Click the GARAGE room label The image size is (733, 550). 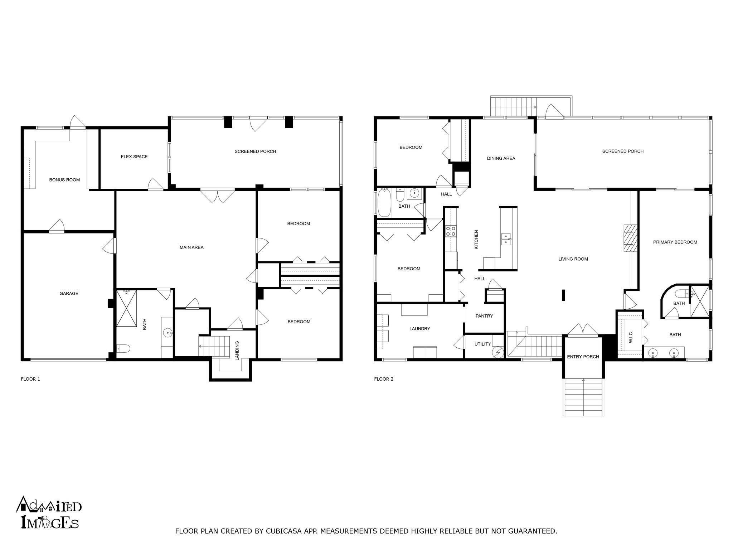click(x=69, y=293)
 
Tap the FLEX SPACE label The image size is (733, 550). click(x=134, y=156)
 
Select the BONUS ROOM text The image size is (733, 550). click(x=64, y=180)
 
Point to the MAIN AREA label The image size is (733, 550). click(x=191, y=247)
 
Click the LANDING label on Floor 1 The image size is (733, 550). click(x=237, y=351)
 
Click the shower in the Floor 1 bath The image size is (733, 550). click(x=127, y=308)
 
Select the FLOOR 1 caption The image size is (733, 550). click(x=30, y=379)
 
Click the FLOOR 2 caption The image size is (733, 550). click(x=384, y=379)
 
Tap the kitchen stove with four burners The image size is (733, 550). click(x=451, y=231)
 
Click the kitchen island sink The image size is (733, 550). click(x=506, y=238)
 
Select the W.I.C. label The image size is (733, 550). click(x=631, y=337)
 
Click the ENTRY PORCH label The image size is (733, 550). click(x=583, y=357)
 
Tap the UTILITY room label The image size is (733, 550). click(x=482, y=344)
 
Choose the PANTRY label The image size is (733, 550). click(x=484, y=316)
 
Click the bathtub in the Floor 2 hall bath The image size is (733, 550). click(x=385, y=203)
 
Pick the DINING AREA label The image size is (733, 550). click(x=501, y=158)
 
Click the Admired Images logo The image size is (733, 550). click(x=49, y=512)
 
